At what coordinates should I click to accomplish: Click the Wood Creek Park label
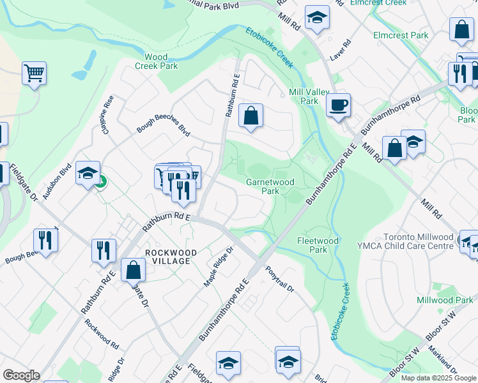click(156, 61)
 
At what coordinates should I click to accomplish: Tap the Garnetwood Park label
click(270, 186)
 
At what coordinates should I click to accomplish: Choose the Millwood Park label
click(445, 300)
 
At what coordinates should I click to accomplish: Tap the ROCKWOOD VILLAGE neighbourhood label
click(167, 257)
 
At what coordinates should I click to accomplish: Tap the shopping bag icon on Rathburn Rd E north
click(251, 116)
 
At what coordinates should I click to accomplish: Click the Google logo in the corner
click(21, 375)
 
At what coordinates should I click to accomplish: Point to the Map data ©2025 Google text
click(438, 378)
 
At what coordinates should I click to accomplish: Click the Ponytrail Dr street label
click(279, 279)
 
